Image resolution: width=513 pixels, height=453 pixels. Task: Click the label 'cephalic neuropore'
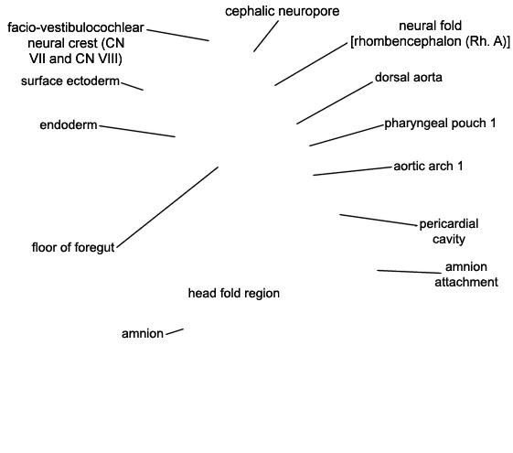282,12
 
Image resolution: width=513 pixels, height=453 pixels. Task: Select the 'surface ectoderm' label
70,81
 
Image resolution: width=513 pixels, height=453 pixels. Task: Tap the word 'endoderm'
69,124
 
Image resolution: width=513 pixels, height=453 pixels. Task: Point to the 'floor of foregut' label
73,247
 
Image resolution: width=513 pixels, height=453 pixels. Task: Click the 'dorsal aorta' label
409,77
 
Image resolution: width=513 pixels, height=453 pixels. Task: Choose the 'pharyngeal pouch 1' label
440,124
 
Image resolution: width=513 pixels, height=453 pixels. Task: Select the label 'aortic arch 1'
428,167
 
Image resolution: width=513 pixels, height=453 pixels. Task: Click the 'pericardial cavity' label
449,232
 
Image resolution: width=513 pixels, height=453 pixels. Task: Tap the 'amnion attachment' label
466,275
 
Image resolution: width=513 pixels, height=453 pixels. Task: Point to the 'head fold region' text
234,293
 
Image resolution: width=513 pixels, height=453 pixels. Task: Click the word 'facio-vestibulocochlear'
76,27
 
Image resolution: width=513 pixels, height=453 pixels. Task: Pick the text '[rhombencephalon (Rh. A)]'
430,41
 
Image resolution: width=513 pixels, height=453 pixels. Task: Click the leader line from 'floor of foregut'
167,208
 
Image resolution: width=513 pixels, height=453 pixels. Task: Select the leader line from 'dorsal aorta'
335,102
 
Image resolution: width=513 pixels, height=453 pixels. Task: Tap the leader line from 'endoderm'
137,131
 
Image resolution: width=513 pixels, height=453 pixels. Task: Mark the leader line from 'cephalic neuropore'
266,36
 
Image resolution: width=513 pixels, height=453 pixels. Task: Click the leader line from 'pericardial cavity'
379,220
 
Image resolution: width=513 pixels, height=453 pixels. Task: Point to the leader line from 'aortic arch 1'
352,171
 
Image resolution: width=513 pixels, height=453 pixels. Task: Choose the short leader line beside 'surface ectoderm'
133,86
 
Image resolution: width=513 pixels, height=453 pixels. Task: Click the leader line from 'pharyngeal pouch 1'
347,135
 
